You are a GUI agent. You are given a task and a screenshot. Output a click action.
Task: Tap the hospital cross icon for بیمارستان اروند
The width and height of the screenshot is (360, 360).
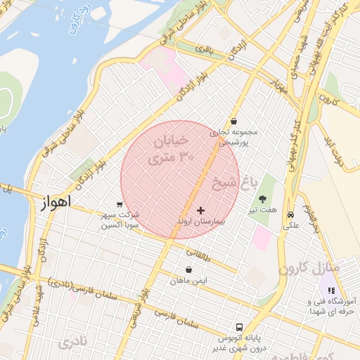(x=201, y=210)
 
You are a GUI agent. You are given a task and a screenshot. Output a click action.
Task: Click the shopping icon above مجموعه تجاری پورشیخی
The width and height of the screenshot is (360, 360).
(x=233, y=121)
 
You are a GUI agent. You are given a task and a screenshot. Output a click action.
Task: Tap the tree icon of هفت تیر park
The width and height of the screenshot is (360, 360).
(x=263, y=200)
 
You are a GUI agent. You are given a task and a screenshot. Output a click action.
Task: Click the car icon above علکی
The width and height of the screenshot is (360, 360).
(x=290, y=215)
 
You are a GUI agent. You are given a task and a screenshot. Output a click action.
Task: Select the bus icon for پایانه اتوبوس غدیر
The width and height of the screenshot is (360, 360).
(x=240, y=327)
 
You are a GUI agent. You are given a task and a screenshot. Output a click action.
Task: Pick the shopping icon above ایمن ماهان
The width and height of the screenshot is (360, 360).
(x=188, y=269)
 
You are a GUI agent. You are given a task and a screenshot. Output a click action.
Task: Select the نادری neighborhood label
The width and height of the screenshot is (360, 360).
(x=75, y=343)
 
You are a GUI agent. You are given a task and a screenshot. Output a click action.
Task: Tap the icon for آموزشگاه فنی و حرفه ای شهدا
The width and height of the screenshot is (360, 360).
(x=331, y=290)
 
